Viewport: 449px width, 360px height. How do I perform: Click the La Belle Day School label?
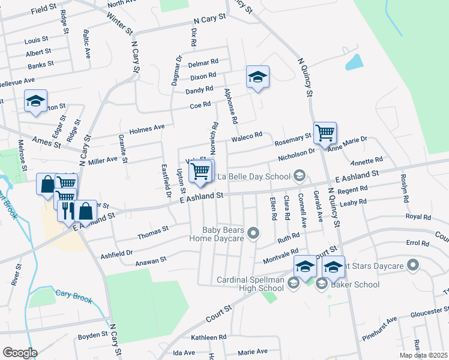[x=255, y=176]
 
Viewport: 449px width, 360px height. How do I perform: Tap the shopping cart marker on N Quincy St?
[x=325, y=133]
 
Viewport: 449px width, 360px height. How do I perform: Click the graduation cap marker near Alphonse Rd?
[x=258, y=77]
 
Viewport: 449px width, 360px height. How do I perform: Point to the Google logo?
[x=19, y=353]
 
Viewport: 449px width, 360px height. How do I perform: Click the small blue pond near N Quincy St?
[x=354, y=62]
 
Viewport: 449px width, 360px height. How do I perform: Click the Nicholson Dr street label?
[x=297, y=155]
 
